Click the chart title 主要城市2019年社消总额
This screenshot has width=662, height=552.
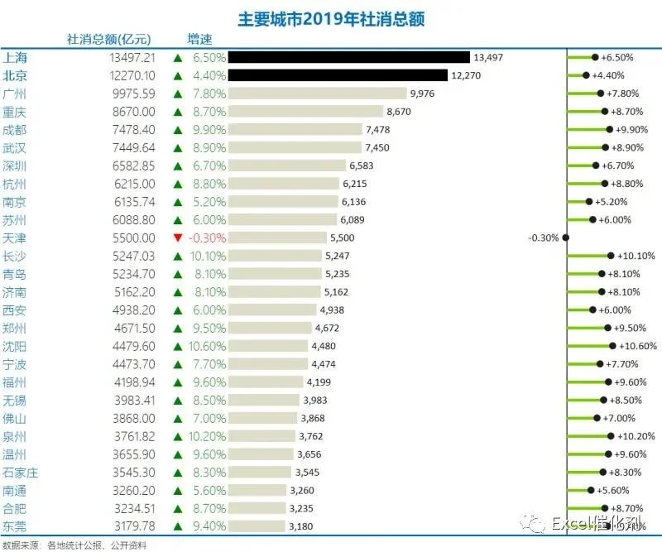(331, 19)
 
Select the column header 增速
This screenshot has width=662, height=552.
(199, 39)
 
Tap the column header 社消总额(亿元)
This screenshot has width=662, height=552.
(109, 39)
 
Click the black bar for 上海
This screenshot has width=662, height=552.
(348, 57)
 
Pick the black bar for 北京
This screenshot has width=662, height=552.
(338, 75)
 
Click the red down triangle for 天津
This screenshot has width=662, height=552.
(178, 238)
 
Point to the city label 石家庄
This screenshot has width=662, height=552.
(20, 473)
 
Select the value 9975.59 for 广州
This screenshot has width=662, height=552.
(134, 94)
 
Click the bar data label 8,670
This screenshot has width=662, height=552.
(399, 112)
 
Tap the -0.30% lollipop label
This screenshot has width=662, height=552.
(544, 238)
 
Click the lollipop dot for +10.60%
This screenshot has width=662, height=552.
(612, 346)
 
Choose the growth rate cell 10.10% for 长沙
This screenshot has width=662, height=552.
(208, 256)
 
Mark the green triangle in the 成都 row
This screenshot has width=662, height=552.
(178, 130)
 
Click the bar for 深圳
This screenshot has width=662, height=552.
(286, 166)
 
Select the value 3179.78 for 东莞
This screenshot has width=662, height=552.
(135, 526)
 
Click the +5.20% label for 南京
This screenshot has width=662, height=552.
(611, 202)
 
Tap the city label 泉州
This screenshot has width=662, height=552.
(14, 436)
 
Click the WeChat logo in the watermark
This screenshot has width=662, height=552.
(533, 524)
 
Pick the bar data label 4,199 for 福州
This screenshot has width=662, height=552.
(319, 382)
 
